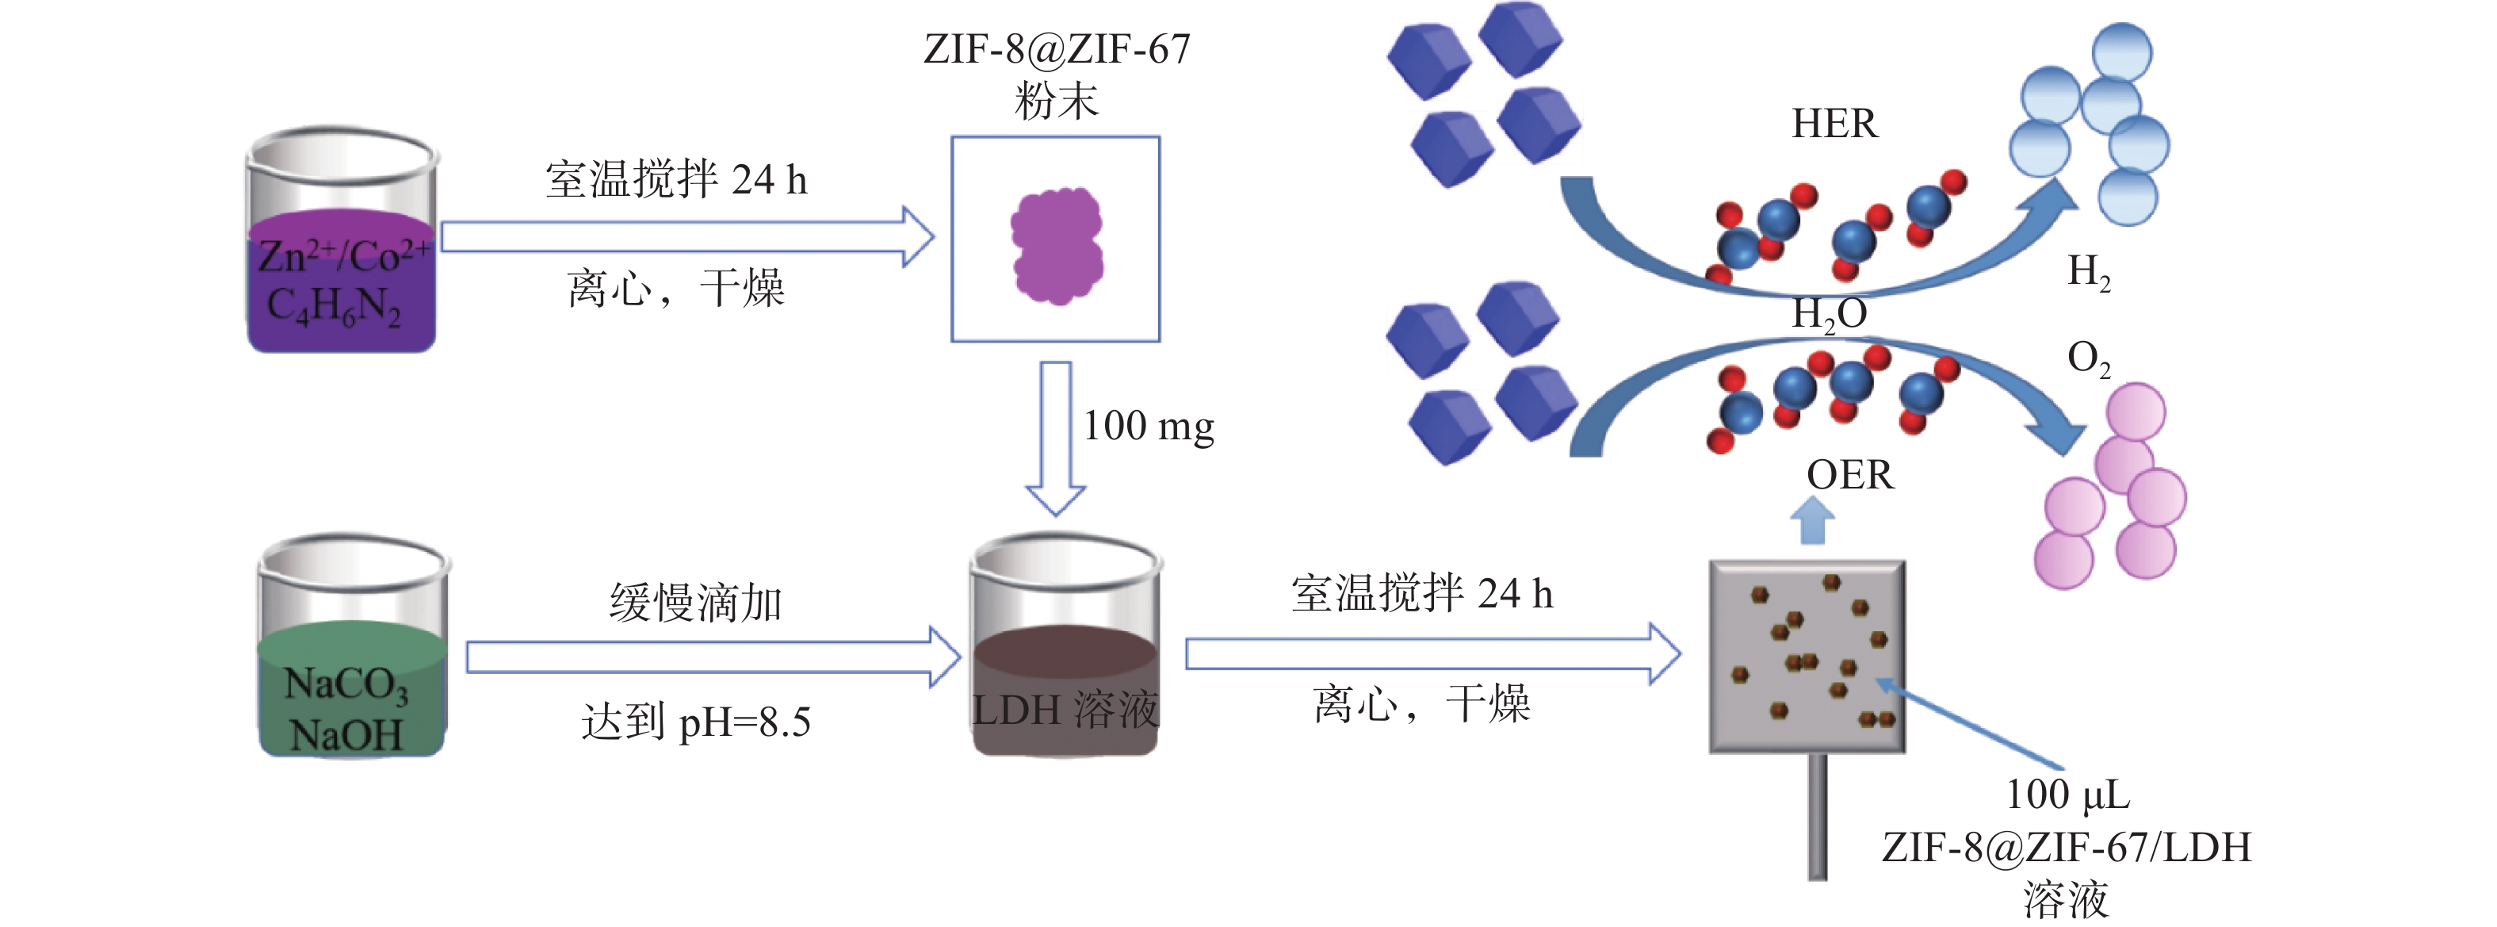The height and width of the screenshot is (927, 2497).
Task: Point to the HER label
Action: (1834, 124)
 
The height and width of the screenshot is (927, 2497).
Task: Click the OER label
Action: (1849, 475)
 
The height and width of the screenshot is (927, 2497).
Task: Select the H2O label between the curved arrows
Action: (1829, 314)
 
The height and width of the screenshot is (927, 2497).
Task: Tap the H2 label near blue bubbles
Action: (2089, 273)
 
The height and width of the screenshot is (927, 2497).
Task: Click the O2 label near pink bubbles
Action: (2089, 358)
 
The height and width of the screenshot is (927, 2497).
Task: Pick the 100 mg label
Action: (1149, 427)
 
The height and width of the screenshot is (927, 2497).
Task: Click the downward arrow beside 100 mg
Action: (1056, 439)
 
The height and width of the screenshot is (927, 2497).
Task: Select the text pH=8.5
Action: (744, 722)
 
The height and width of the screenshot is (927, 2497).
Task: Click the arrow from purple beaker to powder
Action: (687, 236)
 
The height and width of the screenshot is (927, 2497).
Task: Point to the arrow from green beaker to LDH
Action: (713, 657)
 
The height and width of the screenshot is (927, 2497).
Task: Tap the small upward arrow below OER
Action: (1811, 522)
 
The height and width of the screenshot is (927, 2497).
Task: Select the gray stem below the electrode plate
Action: (1818, 817)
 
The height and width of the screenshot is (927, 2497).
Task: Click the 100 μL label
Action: (2067, 795)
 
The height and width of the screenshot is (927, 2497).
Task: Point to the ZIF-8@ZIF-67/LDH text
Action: (2067, 848)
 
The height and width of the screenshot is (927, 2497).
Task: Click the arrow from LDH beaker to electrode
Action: (1432, 653)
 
